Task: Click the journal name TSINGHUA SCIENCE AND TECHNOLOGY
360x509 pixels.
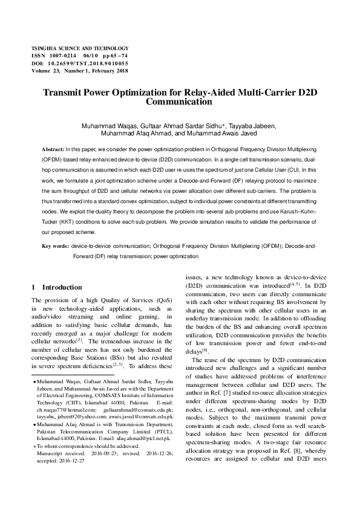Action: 80,48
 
